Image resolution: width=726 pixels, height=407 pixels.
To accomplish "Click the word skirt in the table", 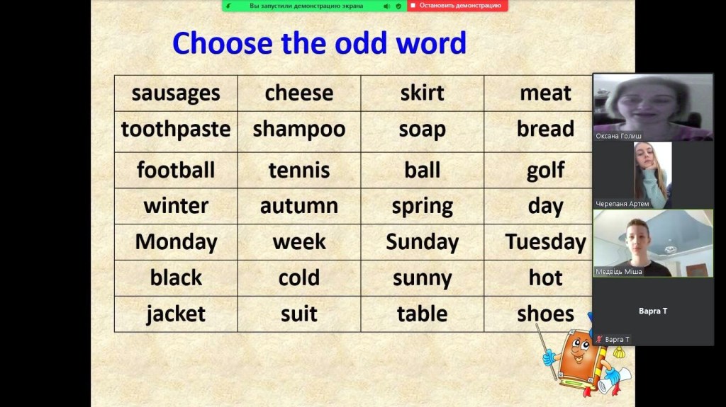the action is click(423, 93).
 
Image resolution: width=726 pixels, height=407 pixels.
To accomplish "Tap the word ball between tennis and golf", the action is click(423, 170).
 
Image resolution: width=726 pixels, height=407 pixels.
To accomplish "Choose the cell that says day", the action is click(539, 206).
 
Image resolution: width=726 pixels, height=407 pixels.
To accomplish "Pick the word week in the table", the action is click(299, 242).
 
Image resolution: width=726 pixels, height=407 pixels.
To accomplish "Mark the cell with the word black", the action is click(176, 278).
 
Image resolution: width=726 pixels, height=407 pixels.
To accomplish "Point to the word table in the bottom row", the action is click(423, 314).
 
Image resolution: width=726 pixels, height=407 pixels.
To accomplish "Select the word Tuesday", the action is click(545, 242).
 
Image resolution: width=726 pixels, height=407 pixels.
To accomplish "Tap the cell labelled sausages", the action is click(176, 93).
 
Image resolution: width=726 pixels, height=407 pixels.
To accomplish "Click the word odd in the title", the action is click(361, 43).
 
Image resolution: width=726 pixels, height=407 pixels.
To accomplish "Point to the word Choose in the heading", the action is click(222, 43).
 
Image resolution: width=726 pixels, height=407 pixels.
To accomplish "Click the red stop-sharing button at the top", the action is click(457, 6).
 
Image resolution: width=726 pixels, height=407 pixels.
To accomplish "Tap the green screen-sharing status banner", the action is click(314, 6).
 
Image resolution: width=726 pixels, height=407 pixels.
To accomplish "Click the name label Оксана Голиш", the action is click(618, 136).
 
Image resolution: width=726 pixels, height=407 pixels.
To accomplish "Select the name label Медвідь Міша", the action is click(618, 272).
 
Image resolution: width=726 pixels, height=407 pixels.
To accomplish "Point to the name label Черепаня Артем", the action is click(622, 204).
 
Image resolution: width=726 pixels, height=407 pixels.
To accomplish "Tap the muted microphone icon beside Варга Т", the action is click(600, 339).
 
